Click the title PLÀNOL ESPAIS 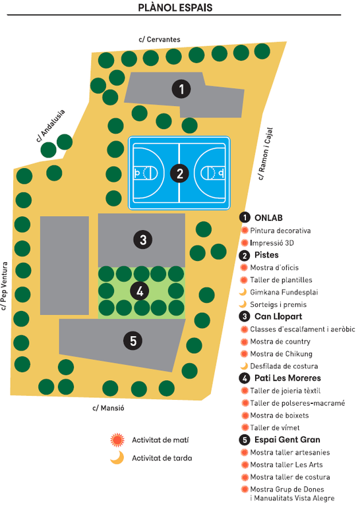(175, 7)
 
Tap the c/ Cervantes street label (160, 40)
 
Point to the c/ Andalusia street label (51, 126)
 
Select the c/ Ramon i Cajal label (266, 154)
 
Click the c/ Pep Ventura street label (4, 286)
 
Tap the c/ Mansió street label (109, 408)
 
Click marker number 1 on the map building (181, 89)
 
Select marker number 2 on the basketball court (179, 174)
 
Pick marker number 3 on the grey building (142, 240)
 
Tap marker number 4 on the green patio (140, 291)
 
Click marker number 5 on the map (133, 341)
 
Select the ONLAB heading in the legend (268, 218)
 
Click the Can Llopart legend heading (278, 316)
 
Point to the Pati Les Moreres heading (287, 378)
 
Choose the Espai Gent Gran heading (287, 439)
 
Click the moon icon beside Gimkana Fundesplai (243, 292)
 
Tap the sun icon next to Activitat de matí (117, 440)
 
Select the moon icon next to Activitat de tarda (117, 458)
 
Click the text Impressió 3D (272, 243)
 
